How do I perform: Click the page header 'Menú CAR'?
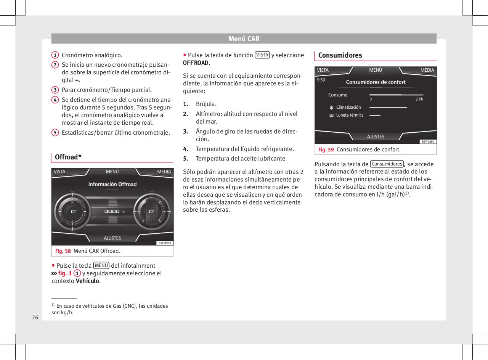coord(244,39)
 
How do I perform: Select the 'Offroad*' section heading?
coord(68,157)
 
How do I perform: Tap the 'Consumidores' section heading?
coord(340,55)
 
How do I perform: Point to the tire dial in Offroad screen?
coord(152,211)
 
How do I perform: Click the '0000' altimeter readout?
coord(112,211)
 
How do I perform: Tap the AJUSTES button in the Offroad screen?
coord(112,238)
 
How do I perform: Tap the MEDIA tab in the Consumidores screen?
coord(427,70)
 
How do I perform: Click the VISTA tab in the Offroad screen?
coord(60,172)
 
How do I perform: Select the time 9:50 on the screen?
coord(321,80)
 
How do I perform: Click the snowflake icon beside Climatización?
coord(331,108)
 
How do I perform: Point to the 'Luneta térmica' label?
coord(350,115)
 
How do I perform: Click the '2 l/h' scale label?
coord(419,99)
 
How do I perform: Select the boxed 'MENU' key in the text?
coord(101,265)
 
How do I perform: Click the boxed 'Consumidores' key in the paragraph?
coord(387,164)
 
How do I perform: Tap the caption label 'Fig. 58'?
coord(63,251)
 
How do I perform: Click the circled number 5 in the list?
coord(55,132)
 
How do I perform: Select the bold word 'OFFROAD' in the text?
coord(196,63)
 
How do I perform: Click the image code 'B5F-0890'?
coord(428,141)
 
